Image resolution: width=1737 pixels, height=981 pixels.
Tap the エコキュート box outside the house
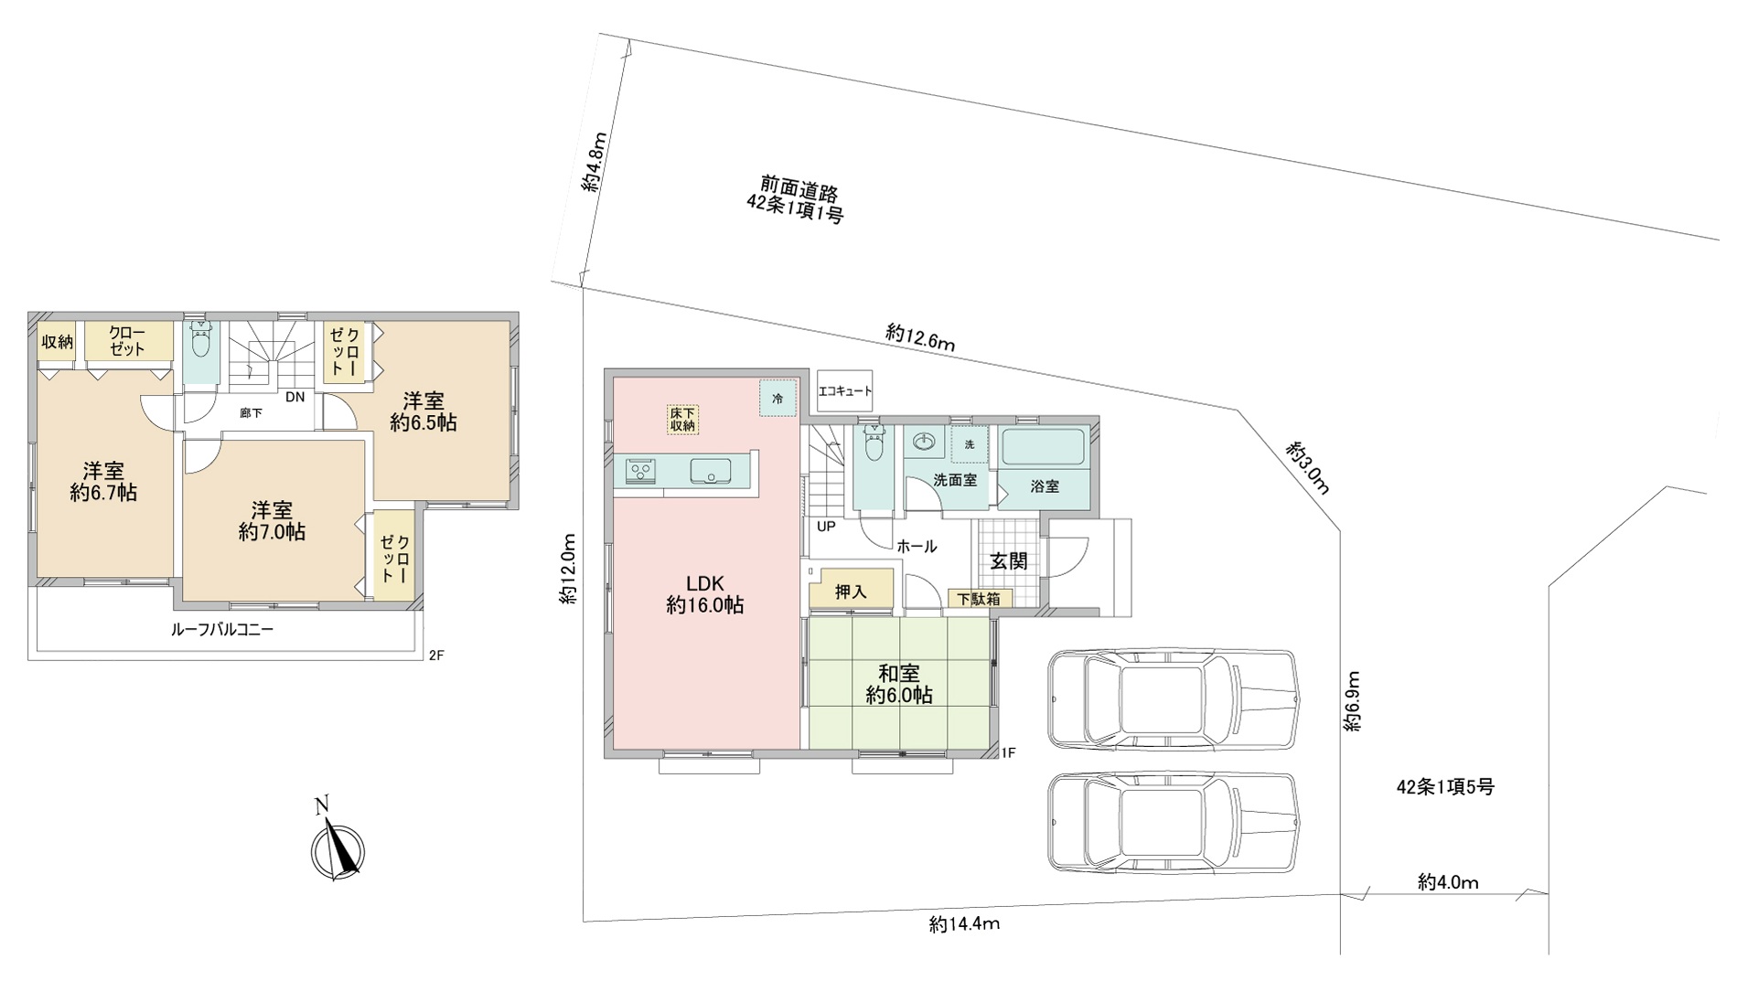click(x=844, y=391)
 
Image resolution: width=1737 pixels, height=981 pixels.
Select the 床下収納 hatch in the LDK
click(x=682, y=419)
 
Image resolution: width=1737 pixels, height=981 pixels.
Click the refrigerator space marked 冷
click(x=777, y=399)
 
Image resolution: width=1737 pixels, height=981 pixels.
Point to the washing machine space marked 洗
click(x=970, y=444)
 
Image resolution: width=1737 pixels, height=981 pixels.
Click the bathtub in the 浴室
click(x=1044, y=448)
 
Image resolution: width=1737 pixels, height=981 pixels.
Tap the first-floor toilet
click(x=874, y=446)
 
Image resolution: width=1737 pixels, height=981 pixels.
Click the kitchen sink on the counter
click(x=710, y=471)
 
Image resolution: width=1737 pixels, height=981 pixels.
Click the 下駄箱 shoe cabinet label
click(x=979, y=600)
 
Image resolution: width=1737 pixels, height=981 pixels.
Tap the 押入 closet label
click(x=851, y=592)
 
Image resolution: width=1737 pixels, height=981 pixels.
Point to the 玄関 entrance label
click(x=1008, y=561)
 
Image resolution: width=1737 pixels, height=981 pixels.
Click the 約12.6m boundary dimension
click(x=920, y=337)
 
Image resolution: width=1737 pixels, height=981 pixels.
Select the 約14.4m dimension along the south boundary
click(x=964, y=924)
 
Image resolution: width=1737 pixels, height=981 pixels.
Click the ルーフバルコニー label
click(x=222, y=630)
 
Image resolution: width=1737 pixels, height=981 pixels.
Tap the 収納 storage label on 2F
click(x=57, y=342)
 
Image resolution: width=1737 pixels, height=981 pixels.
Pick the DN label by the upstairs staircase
click(x=295, y=397)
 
